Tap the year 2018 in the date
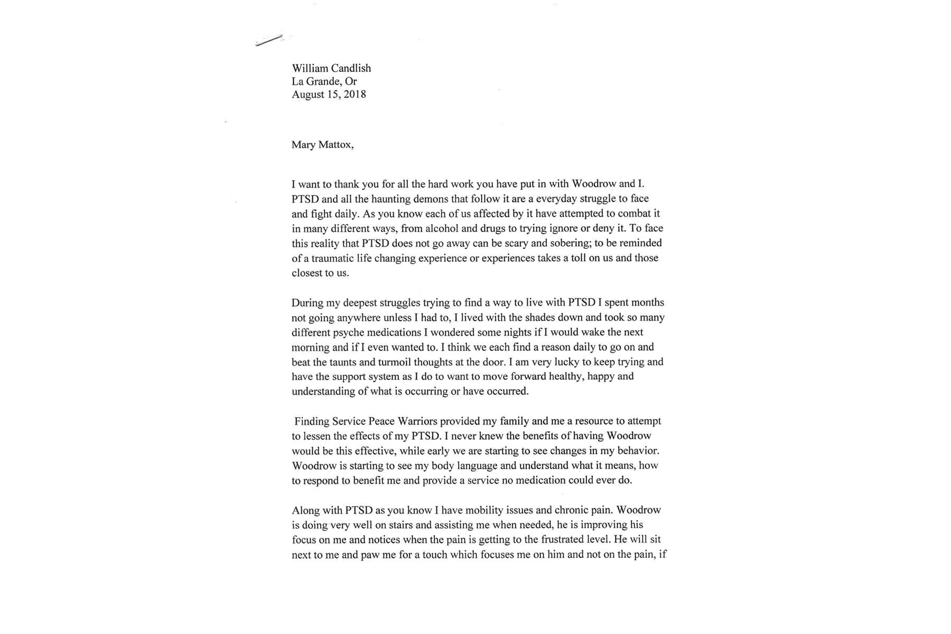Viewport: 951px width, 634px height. (355, 95)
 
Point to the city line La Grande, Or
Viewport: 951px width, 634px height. (324, 81)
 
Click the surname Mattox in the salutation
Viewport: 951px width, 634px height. (336, 145)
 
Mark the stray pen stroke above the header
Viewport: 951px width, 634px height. (269, 40)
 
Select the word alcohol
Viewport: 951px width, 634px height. (426, 228)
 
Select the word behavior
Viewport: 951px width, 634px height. (638, 451)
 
